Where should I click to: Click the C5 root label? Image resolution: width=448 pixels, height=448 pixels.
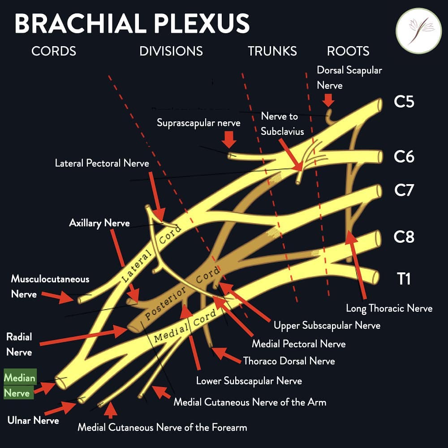pyautogui.click(x=404, y=101)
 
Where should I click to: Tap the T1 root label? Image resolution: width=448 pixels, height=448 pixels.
pyautogui.click(x=404, y=279)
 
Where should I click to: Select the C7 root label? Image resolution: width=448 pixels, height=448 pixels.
pyautogui.click(x=404, y=190)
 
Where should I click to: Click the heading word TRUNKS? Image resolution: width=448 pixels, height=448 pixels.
pyautogui.click(x=272, y=51)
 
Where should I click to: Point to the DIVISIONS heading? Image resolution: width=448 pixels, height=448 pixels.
pyautogui.click(x=171, y=51)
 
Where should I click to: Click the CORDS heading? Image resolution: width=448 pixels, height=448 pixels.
pyautogui.click(x=54, y=51)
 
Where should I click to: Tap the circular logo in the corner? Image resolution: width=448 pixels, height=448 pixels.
pyautogui.click(x=418, y=31)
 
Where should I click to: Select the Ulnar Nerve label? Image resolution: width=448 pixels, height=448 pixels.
pyautogui.click(x=33, y=420)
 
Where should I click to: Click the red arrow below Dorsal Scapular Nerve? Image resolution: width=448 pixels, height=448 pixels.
pyautogui.click(x=328, y=100)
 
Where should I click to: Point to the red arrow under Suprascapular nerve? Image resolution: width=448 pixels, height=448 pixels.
pyautogui.click(x=229, y=140)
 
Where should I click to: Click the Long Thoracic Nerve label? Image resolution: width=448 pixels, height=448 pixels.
pyautogui.click(x=389, y=308)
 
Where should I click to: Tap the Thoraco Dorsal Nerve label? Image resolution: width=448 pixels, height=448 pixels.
pyautogui.click(x=289, y=361)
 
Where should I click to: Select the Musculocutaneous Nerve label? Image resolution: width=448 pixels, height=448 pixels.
pyautogui.click(x=50, y=287)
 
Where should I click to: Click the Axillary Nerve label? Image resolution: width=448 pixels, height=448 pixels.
pyautogui.click(x=99, y=223)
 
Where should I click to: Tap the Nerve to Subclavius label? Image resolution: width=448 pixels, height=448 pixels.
pyautogui.click(x=282, y=124)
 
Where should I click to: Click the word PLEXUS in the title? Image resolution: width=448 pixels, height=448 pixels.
pyautogui.click(x=202, y=23)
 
